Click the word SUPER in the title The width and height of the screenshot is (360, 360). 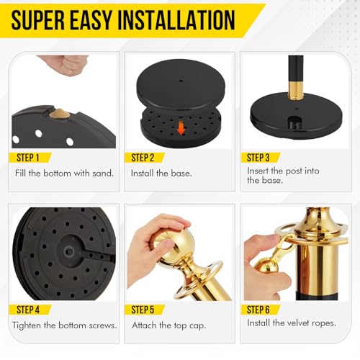tap(38, 20)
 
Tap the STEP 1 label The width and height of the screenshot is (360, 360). tap(27, 158)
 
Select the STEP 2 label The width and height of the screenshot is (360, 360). tap(143, 158)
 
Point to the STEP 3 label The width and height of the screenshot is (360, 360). tap(258, 158)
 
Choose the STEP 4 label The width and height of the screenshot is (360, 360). tap(28, 310)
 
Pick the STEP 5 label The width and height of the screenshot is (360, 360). tap(143, 310)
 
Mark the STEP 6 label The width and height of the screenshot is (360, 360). tap(258, 310)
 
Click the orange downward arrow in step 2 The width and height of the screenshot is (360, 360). tap(181, 128)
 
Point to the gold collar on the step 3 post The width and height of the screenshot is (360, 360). tap(295, 89)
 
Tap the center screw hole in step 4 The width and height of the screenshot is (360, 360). tap(69, 251)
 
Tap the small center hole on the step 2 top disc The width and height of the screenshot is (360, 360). tap(181, 81)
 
